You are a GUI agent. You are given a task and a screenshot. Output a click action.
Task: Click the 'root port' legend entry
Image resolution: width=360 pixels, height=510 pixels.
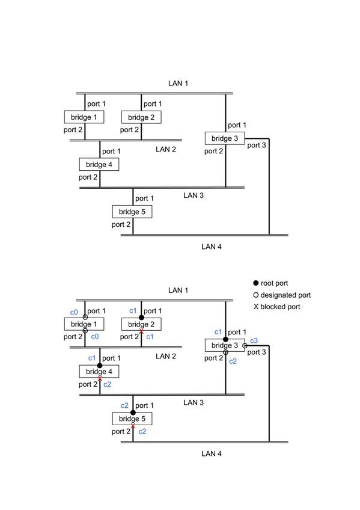(270, 283)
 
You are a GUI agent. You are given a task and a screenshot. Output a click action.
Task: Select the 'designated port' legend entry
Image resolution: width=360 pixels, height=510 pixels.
(282, 295)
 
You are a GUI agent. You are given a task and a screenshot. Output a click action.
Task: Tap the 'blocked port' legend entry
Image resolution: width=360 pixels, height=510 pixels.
(277, 307)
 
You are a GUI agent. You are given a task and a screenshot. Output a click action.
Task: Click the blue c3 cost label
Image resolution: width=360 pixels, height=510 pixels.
(254, 340)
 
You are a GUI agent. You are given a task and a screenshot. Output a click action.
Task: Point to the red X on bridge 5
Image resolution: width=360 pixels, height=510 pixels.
(133, 426)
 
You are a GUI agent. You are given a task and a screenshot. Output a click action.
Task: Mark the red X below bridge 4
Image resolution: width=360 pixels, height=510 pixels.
(100, 379)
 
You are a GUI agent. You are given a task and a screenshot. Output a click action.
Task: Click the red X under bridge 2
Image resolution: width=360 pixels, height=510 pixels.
(141, 331)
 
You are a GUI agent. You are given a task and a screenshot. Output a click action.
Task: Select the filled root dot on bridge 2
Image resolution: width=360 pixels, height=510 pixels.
(141, 318)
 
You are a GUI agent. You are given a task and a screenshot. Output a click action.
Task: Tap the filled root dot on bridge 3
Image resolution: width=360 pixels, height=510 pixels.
(225, 339)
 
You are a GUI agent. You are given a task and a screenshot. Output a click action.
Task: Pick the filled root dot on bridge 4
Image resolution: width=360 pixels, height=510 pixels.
(100, 366)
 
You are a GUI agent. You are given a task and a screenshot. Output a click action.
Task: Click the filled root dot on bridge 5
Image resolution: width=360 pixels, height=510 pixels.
(133, 413)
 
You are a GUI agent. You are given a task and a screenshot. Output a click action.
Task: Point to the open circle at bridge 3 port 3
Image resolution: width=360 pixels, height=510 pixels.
(245, 346)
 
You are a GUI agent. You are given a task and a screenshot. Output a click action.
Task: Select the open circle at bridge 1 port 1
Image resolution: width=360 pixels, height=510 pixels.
(85, 317)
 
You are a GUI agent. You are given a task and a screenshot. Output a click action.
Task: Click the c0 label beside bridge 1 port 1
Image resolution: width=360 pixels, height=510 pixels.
(74, 312)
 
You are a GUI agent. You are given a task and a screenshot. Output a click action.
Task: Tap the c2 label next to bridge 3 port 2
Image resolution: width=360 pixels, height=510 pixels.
(233, 361)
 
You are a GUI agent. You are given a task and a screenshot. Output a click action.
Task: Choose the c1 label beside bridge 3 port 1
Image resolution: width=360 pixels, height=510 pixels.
(218, 332)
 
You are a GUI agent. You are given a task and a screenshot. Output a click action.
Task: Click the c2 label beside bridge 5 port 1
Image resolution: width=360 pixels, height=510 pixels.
(124, 405)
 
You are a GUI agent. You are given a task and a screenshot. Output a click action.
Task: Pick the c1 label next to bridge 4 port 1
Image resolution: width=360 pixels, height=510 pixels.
(92, 358)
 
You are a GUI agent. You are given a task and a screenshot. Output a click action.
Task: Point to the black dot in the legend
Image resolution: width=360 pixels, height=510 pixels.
(255, 283)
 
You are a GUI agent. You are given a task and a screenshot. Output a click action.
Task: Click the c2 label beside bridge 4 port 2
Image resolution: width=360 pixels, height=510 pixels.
(107, 384)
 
